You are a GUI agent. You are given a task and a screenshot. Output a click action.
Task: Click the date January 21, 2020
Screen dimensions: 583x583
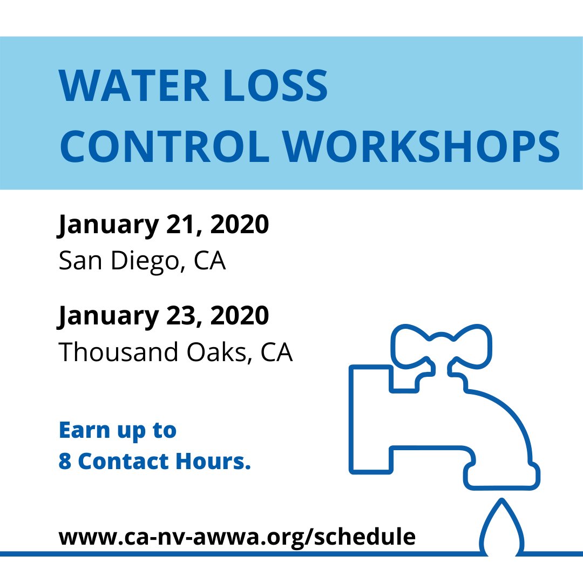(163, 225)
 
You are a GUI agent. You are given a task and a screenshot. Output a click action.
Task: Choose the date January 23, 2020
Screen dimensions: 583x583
(163, 316)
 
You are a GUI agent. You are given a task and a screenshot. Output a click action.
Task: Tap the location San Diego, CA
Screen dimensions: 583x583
(142, 261)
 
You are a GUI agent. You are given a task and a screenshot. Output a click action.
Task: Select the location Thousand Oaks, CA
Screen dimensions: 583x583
(175, 352)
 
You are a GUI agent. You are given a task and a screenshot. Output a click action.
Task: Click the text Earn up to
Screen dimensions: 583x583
(117, 431)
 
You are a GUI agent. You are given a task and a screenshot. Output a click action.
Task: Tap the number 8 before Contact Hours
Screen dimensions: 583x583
(65, 462)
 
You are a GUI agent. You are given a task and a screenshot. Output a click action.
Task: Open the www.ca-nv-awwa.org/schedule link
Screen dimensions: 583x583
(237, 537)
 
